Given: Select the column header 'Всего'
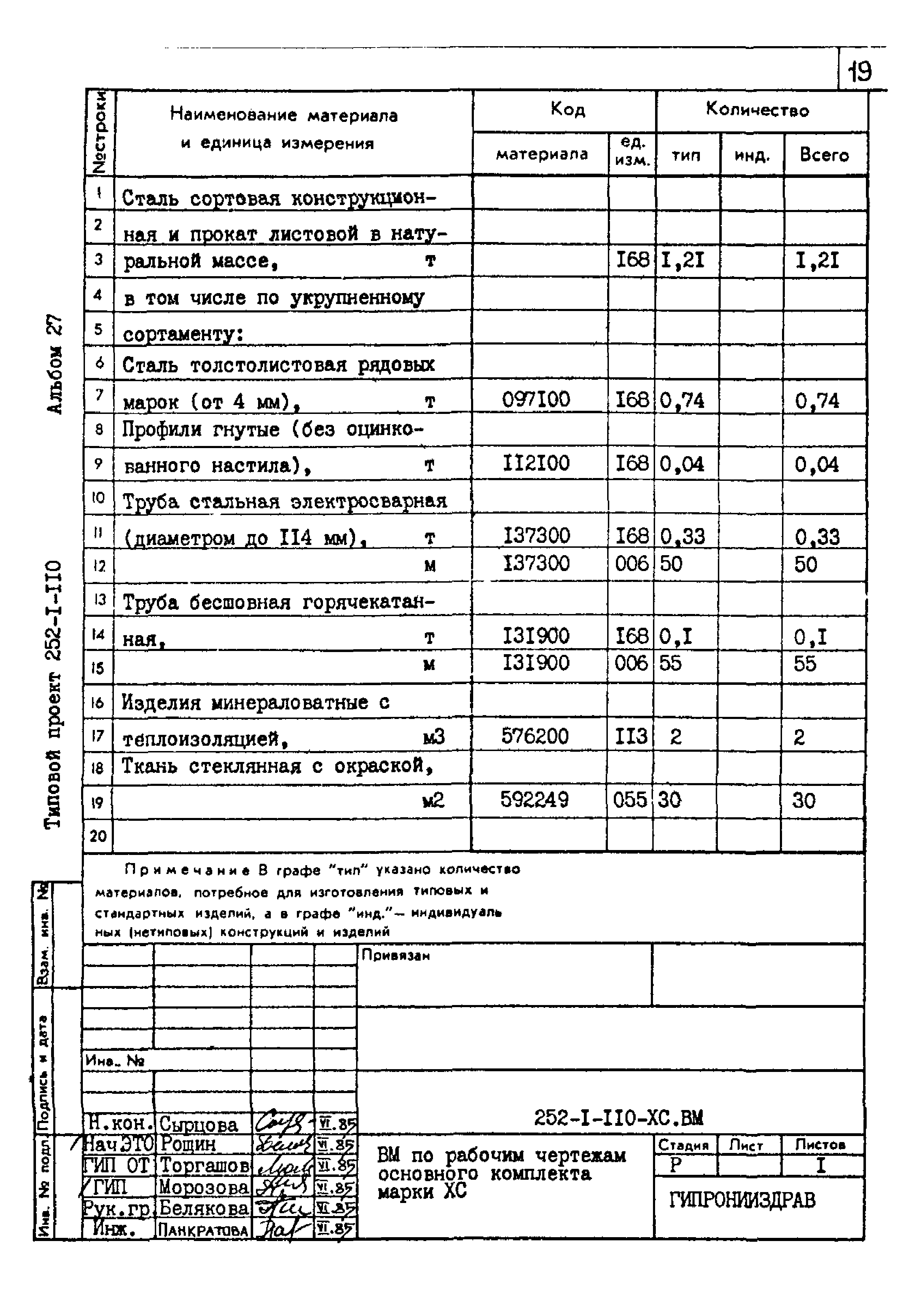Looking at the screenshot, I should click(x=824, y=155).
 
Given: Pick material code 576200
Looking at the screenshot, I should click(x=535, y=736).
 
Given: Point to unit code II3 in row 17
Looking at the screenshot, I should click(x=631, y=736).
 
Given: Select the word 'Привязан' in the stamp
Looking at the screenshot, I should click(x=396, y=955).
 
